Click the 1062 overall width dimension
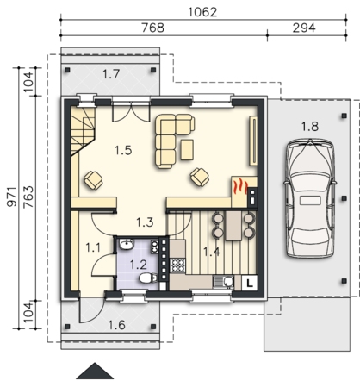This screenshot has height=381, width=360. (202, 12)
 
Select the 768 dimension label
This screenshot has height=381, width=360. (153, 28)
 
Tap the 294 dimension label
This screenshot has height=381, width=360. (304, 28)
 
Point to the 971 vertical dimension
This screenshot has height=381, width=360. (12, 197)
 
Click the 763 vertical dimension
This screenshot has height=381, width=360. (28, 197)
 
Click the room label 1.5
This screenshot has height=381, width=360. (123, 150)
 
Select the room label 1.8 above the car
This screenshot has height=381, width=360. (310, 127)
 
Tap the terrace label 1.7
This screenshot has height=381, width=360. (111, 74)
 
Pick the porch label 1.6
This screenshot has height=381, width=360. (117, 325)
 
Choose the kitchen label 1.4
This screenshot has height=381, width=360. (212, 252)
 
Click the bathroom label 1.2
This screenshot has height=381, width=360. (139, 265)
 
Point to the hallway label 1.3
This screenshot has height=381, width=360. (145, 222)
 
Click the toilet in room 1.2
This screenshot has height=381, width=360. (148, 278)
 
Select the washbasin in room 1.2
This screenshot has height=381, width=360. (126, 245)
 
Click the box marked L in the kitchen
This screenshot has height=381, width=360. (250, 283)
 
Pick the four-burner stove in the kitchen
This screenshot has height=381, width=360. (178, 265)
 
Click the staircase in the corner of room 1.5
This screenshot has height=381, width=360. (84, 131)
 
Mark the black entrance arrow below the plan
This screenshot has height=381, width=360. (95, 371)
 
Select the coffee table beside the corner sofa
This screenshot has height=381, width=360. (187, 149)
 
